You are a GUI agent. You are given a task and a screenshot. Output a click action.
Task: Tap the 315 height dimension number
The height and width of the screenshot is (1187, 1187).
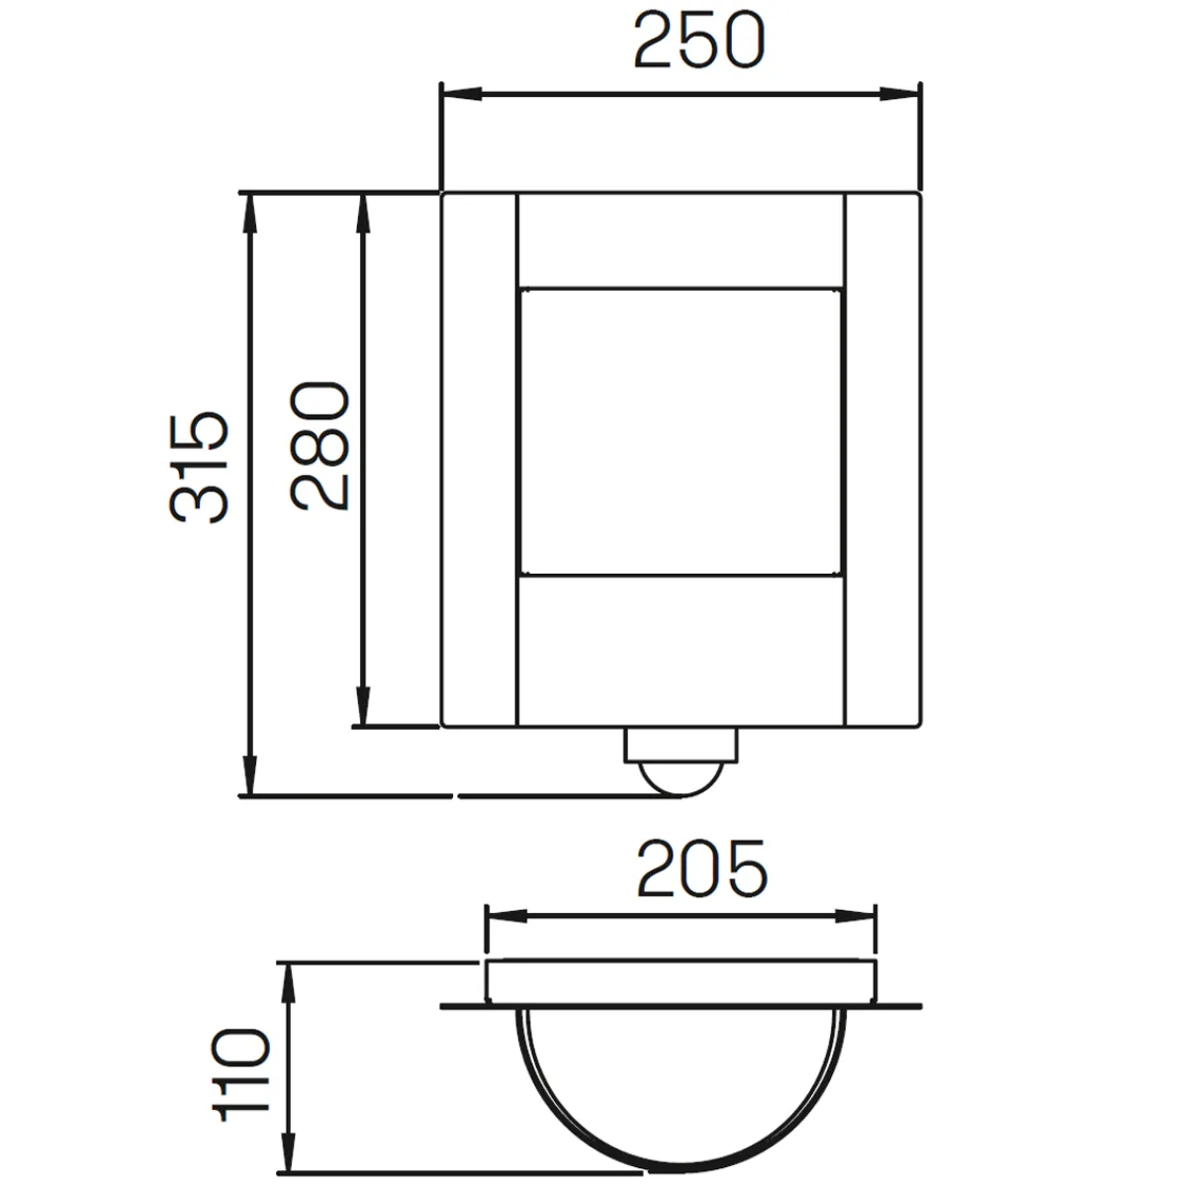point(200,468)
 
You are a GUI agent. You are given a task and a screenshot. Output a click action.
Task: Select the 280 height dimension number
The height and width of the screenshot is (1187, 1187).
point(321,446)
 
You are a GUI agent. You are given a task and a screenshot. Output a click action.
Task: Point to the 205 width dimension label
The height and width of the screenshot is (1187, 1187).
point(700,869)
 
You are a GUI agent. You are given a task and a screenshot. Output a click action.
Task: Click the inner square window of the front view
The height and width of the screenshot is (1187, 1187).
point(680,431)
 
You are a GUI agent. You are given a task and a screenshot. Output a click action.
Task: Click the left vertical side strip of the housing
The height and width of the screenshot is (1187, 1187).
point(479,460)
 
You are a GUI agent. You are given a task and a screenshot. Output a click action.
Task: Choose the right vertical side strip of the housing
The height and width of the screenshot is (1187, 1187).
point(882,460)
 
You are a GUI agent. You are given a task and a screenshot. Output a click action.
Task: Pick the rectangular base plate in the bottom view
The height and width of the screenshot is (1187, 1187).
point(682,980)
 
